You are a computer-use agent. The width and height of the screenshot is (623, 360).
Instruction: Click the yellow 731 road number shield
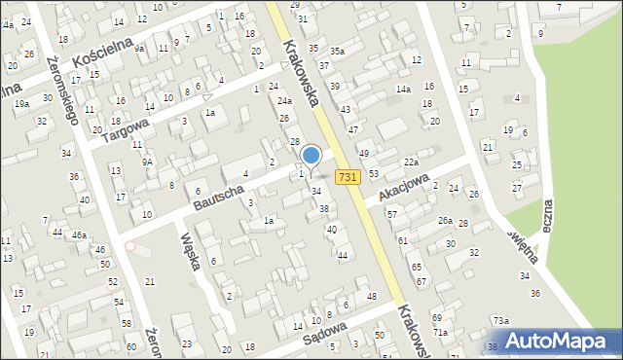[349, 177]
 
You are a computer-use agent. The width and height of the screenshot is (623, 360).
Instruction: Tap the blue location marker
[311, 156]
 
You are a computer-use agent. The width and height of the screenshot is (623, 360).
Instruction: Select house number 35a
[337, 51]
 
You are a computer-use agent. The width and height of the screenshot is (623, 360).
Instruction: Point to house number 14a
[403, 90]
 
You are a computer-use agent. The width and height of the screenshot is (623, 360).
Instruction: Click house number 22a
[411, 162]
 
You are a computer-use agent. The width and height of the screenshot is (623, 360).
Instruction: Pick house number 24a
[283, 100]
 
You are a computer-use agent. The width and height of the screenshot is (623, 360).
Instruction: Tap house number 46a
[79, 234]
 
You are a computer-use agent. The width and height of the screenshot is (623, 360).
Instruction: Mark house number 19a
[21, 102]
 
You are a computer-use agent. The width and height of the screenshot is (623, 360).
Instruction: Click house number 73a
[499, 320]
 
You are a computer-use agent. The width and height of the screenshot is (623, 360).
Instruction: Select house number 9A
[147, 162]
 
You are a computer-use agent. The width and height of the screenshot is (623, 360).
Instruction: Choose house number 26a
[445, 221]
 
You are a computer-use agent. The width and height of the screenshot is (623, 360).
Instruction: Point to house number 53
[374, 173]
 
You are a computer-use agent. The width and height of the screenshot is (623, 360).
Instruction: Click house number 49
[364, 154]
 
